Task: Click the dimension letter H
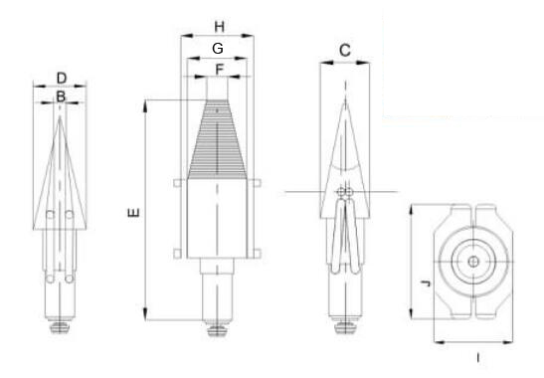(x=219, y=27)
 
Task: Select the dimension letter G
(x=218, y=49)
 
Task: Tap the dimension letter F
(x=219, y=70)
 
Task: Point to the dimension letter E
(x=134, y=212)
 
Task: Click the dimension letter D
(x=62, y=79)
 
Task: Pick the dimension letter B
(x=61, y=96)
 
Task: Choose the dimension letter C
(x=345, y=51)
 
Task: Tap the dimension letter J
(x=426, y=283)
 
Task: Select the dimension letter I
(x=478, y=357)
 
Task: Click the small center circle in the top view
(x=473, y=262)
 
